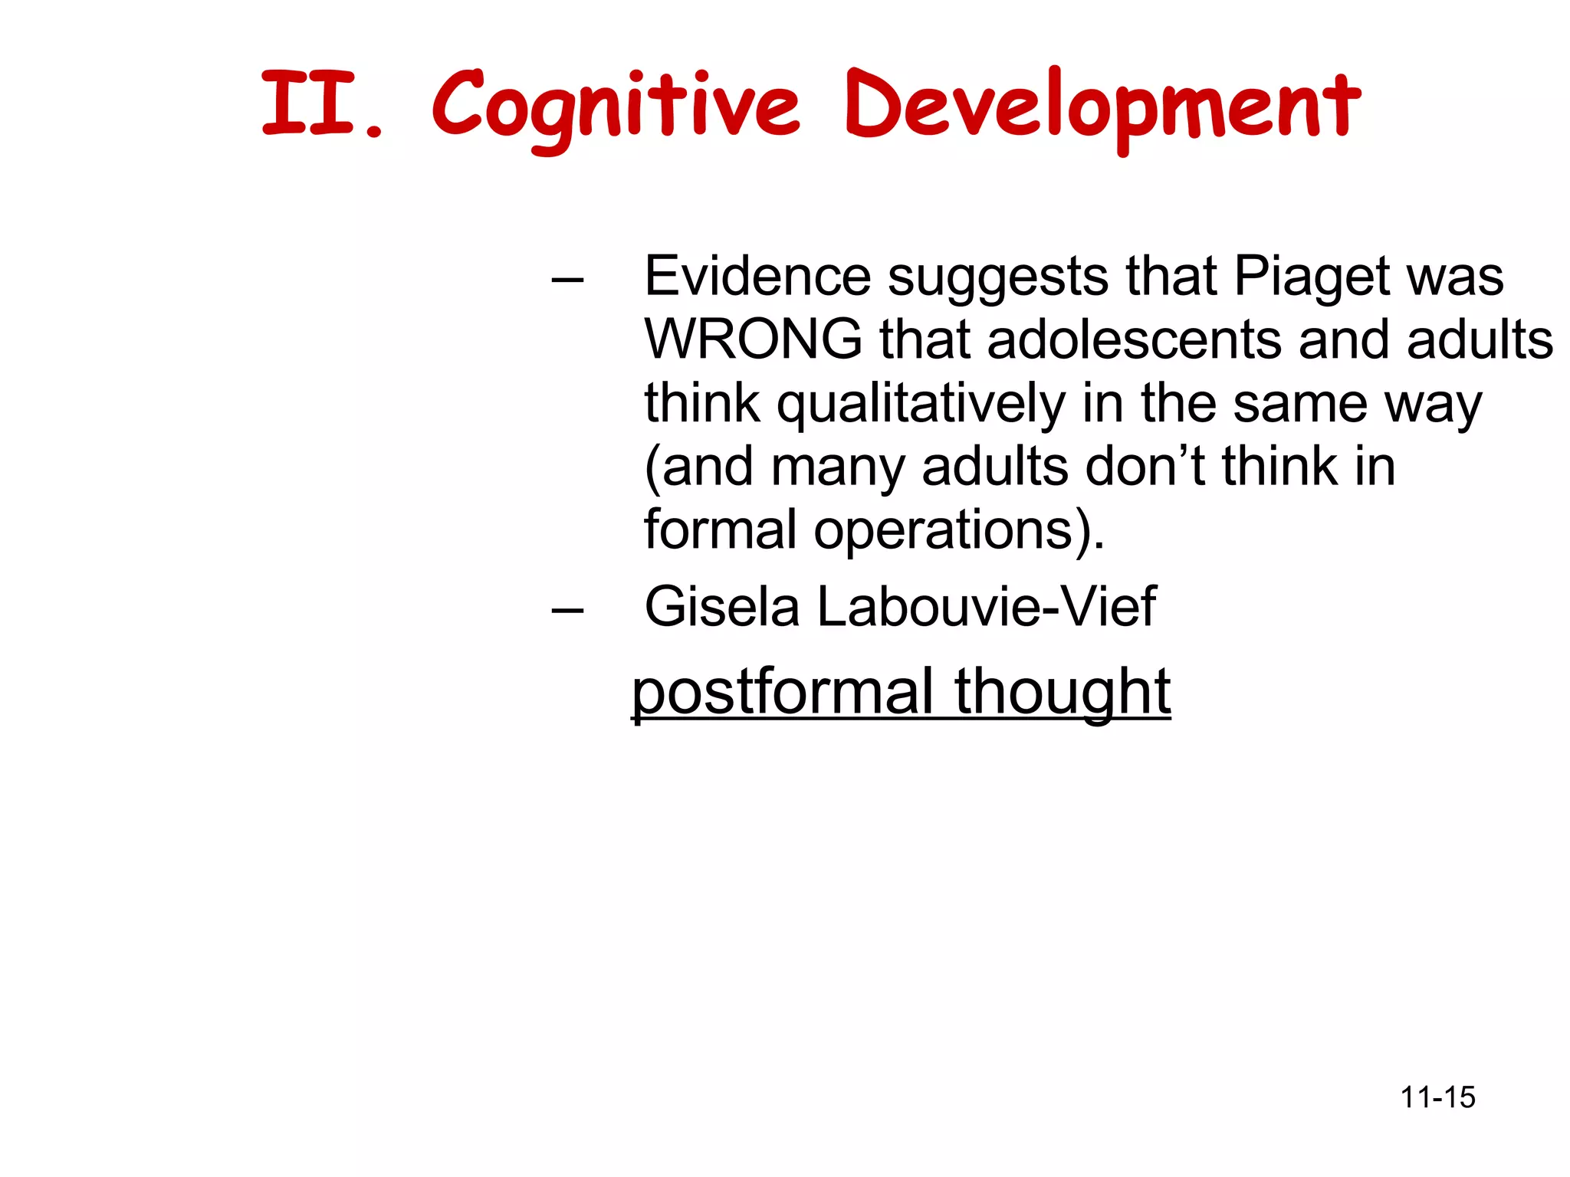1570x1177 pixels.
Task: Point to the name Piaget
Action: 1311,277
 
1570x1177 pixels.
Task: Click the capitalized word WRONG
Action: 753,339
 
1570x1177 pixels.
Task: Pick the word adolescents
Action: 1134,339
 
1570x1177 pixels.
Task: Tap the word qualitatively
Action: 921,405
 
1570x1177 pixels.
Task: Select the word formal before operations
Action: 720,529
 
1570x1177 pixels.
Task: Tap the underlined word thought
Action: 1063,692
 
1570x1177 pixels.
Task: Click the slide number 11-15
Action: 1437,1097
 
